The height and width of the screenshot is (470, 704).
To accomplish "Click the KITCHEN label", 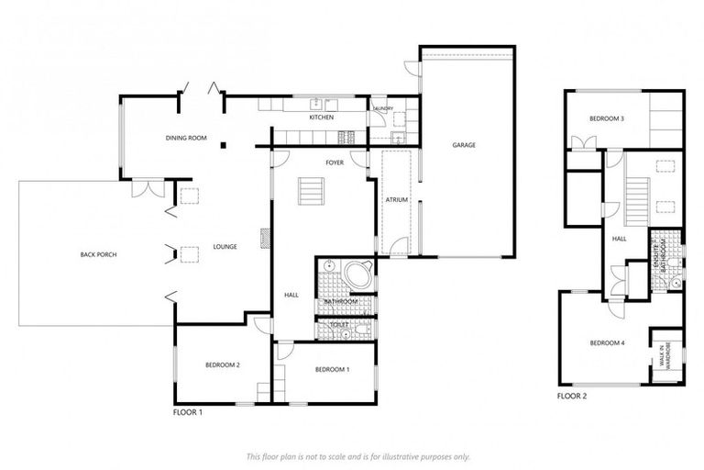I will pos(321,117).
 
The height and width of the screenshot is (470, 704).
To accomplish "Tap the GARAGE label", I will pos(463,145).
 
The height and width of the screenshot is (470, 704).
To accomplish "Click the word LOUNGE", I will pos(225,246).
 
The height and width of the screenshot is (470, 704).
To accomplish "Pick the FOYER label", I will pos(334,162).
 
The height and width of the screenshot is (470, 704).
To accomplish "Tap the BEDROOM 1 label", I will pos(332,369).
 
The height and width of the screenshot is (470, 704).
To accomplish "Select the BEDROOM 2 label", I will pos(222,364).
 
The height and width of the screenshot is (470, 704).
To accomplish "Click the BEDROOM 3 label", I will pos(607,119).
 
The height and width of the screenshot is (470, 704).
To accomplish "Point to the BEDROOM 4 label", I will pos(607,343).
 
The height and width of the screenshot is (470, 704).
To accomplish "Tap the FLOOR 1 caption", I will pos(188,413).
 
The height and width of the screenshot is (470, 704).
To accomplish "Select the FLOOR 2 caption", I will pos(572,397).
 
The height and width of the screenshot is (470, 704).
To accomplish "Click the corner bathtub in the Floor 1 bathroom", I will pos(358,274).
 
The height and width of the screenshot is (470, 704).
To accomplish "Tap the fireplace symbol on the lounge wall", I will pos(265,240).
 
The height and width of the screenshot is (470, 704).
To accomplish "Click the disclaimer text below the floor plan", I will pos(358,455).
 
